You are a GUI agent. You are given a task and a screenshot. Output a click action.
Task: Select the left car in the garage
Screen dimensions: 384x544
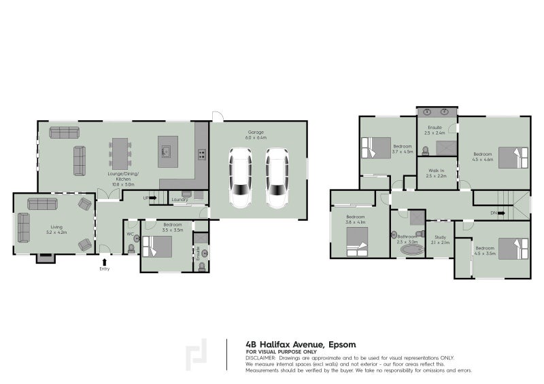[241, 179]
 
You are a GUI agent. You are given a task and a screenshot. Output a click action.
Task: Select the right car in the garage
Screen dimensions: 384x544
[277, 179]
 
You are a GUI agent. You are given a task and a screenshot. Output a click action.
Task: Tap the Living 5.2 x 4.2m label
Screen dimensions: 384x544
[56, 230]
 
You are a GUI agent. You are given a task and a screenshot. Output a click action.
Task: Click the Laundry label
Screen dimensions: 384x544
[180, 199]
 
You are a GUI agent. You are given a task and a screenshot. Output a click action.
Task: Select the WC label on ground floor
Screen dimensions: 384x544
[129, 234]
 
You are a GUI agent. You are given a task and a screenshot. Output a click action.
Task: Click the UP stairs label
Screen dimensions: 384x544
[146, 198]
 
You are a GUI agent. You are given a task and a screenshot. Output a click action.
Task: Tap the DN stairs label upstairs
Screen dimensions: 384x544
[493, 213]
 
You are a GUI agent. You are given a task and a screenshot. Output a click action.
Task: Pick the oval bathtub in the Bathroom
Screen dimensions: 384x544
[411, 249]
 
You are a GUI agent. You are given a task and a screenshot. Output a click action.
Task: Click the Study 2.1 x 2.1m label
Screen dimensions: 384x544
[440, 239]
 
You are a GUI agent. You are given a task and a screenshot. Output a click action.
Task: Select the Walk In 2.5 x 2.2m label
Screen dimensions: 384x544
[435, 173]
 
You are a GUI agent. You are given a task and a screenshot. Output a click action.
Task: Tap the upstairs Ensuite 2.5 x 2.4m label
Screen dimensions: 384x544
[435, 130]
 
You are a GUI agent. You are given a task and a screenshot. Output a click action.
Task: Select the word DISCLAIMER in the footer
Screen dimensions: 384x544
[260, 357]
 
